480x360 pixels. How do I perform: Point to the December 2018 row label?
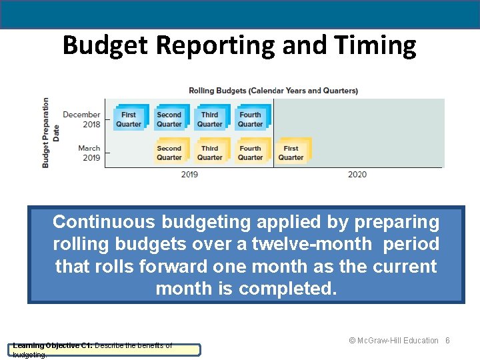pos(81,119)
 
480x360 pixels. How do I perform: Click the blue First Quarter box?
pos(129,119)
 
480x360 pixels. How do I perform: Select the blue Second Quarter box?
pos(169,119)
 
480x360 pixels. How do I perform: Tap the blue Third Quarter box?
pos(210,119)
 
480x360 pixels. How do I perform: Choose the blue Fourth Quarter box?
pos(251,119)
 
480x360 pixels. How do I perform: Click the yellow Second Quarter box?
pos(169,153)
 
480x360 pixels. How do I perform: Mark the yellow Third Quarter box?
pos(210,153)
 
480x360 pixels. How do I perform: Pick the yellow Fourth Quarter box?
pos(251,153)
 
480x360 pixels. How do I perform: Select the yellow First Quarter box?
pos(291,153)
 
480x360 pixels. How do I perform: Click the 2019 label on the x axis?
pos(189,175)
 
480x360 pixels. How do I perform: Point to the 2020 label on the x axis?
pos(357,175)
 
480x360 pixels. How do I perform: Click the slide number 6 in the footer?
pos(448,341)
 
